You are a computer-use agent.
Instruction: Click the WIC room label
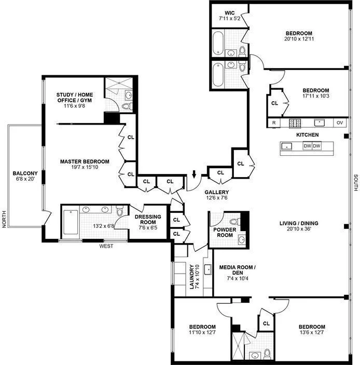click(230, 13)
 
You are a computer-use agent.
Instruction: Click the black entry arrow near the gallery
click(194, 174)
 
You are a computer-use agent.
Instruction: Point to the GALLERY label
click(216, 192)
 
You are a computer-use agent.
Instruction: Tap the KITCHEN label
click(307, 135)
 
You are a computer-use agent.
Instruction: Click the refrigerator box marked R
click(273, 123)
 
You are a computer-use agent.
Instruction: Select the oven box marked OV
click(340, 123)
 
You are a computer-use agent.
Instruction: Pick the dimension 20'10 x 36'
click(299, 230)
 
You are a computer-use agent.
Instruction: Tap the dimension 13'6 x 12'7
click(312, 333)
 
